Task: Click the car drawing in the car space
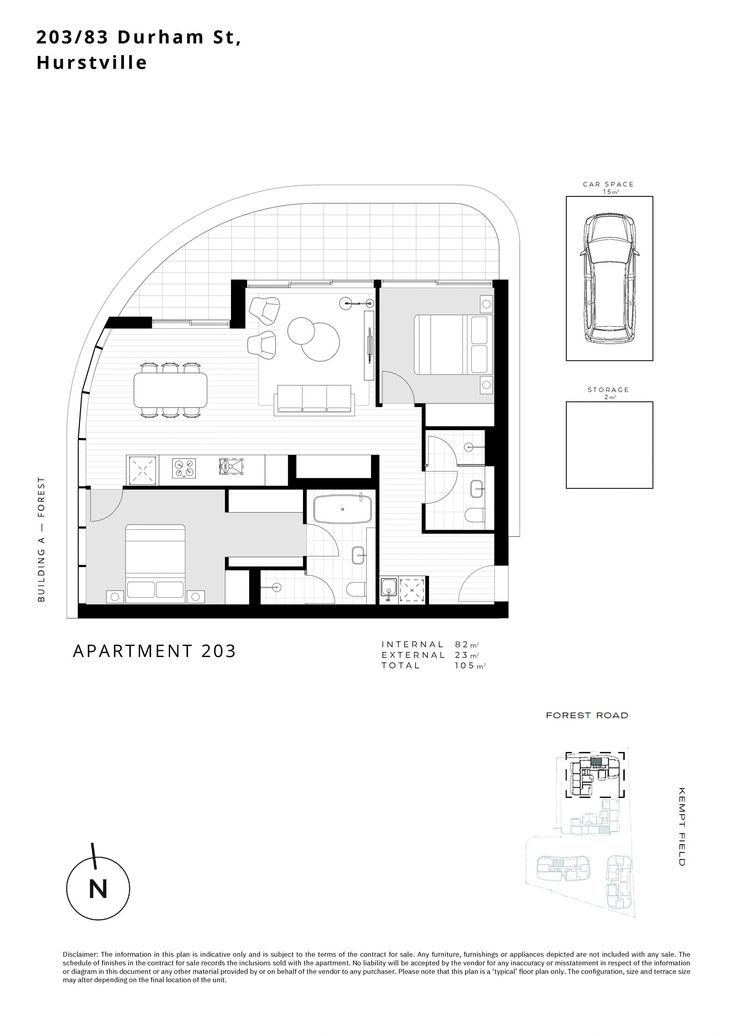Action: (x=609, y=279)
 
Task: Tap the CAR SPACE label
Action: (x=608, y=184)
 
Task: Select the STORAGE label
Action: (x=608, y=389)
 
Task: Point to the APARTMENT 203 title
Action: (x=154, y=651)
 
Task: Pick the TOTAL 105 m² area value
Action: (x=470, y=665)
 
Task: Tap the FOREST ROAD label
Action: (x=587, y=715)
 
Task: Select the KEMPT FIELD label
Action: (x=682, y=827)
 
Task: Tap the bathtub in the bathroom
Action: (x=343, y=509)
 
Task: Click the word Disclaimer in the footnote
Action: (x=80, y=954)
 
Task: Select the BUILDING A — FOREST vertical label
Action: (x=42, y=539)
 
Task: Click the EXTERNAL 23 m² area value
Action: (x=467, y=655)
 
